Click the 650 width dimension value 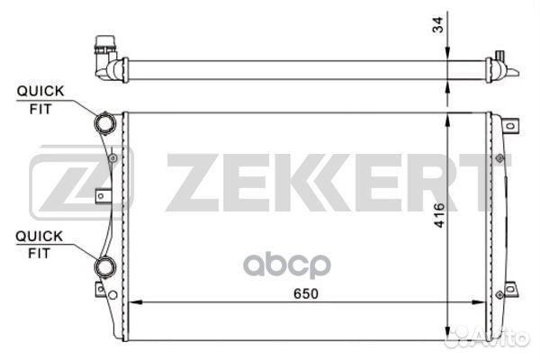[306, 293]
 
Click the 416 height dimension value [439, 215]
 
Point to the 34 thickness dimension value [438, 24]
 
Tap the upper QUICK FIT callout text [40, 100]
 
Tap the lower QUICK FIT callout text [40, 245]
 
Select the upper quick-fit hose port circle [105, 123]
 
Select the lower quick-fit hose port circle [105, 267]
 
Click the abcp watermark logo [287, 265]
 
